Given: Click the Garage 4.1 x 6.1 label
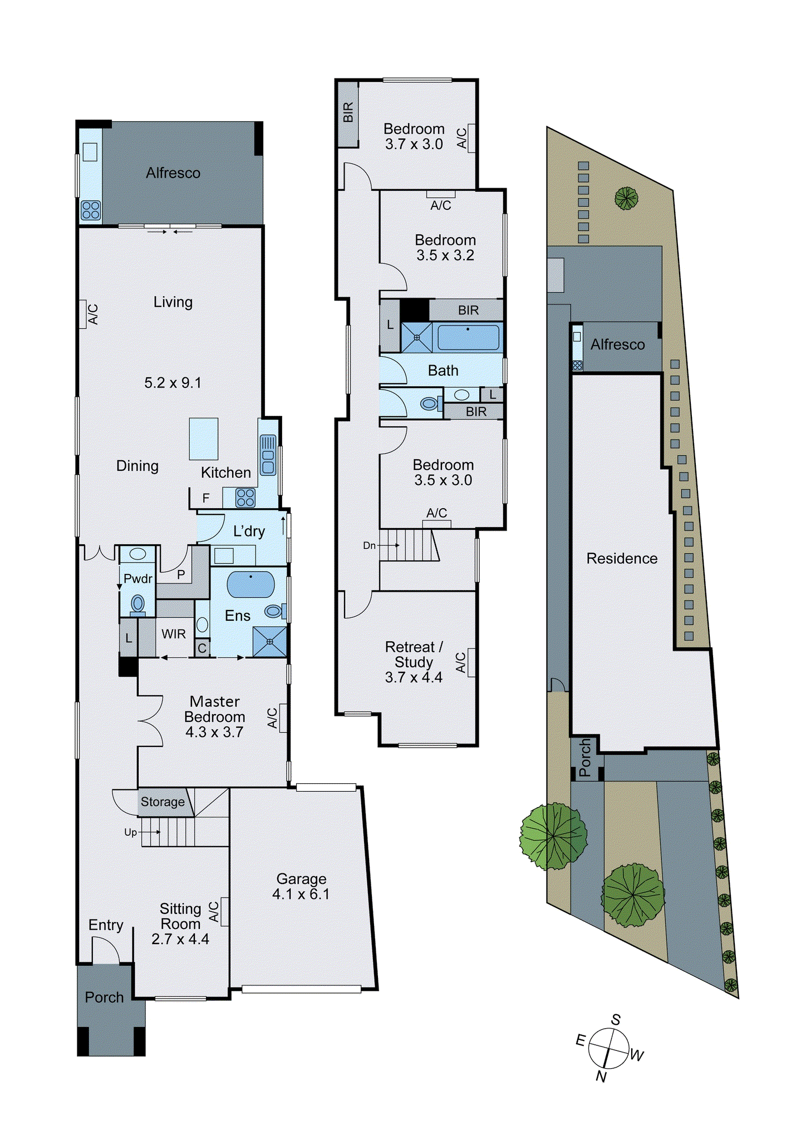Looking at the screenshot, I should [x=301, y=886].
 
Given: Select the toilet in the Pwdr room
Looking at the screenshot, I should [x=137, y=604].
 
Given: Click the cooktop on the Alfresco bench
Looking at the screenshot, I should [x=91, y=210].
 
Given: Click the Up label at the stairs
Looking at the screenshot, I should [x=130, y=832].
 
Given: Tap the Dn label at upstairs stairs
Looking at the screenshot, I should [x=369, y=546].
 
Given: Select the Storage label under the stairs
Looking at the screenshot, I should [x=163, y=802].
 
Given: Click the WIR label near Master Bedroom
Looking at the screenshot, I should [x=174, y=634].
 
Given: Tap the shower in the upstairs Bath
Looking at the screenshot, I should [x=416, y=337].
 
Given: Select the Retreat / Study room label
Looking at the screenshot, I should [x=414, y=662].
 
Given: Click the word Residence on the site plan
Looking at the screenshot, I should [x=622, y=558].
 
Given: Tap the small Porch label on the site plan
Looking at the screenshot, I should [x=584, y=758].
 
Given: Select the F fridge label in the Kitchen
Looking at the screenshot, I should [x=206, y=498].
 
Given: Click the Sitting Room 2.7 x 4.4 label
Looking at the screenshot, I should [x=180, y=923].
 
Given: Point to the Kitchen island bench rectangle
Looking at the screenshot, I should [x=203, y=439].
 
